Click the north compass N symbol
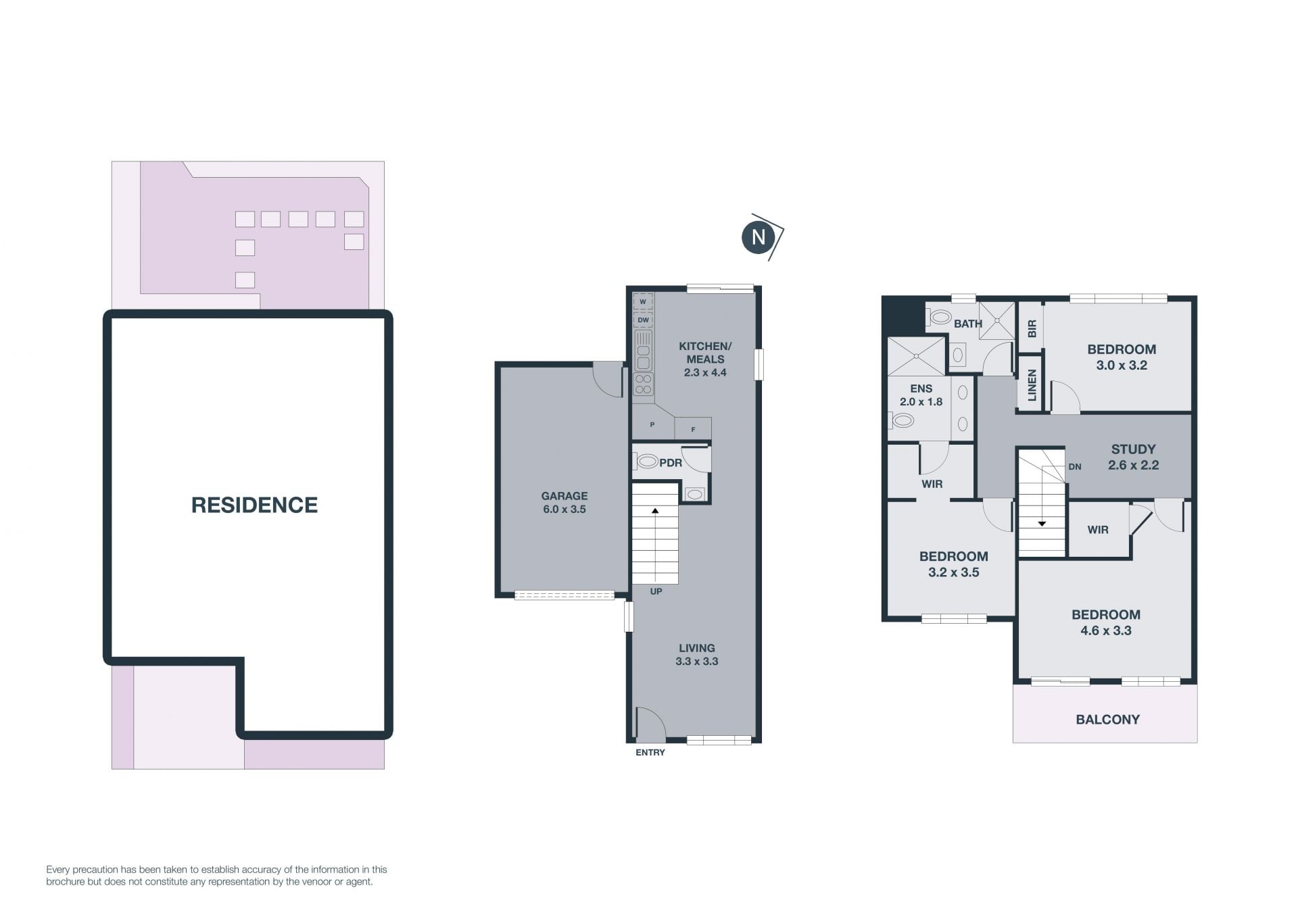coord(759,237)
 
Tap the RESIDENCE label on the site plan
coord(254,505)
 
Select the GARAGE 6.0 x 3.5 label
coord(564,502)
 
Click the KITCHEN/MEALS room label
coord(705,359)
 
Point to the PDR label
coord(671,463)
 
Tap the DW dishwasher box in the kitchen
coord(644,320)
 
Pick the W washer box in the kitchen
coord(644,301)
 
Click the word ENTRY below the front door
coord(650,752)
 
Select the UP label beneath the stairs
coord(656,591)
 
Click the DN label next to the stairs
coord(1075,466)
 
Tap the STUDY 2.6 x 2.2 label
coord(1134,457)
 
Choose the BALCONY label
coord(1107,720)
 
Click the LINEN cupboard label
coord(1032,386)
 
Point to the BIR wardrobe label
coord(1032,329)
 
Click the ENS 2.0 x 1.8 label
coord(921,395)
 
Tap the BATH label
coord(968,324)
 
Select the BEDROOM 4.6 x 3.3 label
coord(1106,622)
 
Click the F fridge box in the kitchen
coord(693,428)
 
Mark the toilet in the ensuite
coord(901,420)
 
